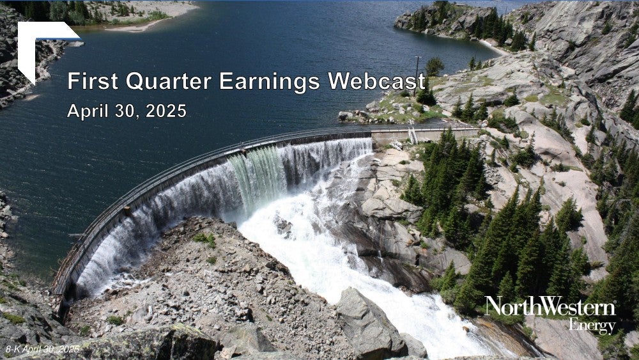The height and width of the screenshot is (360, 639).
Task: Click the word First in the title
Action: [93, 81]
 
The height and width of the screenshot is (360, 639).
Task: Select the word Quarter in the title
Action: [168, 81]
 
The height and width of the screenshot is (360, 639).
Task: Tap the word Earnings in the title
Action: [270, 82]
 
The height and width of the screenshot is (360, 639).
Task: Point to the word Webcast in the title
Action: [376, 81]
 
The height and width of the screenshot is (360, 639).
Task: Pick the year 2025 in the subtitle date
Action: [166, 111]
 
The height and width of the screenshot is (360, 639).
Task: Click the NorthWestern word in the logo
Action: [550, 306]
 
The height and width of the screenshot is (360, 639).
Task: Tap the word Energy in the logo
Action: [592, 325]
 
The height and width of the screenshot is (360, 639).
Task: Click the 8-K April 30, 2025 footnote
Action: [42, 349]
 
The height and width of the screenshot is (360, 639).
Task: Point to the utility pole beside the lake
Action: [417, 76]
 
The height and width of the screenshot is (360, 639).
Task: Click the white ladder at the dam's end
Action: [413, 136]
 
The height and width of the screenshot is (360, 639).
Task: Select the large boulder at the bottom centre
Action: [369, 322]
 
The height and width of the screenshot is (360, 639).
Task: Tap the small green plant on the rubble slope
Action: [205, 239]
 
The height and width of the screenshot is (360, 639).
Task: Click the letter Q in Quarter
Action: [135, 81]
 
